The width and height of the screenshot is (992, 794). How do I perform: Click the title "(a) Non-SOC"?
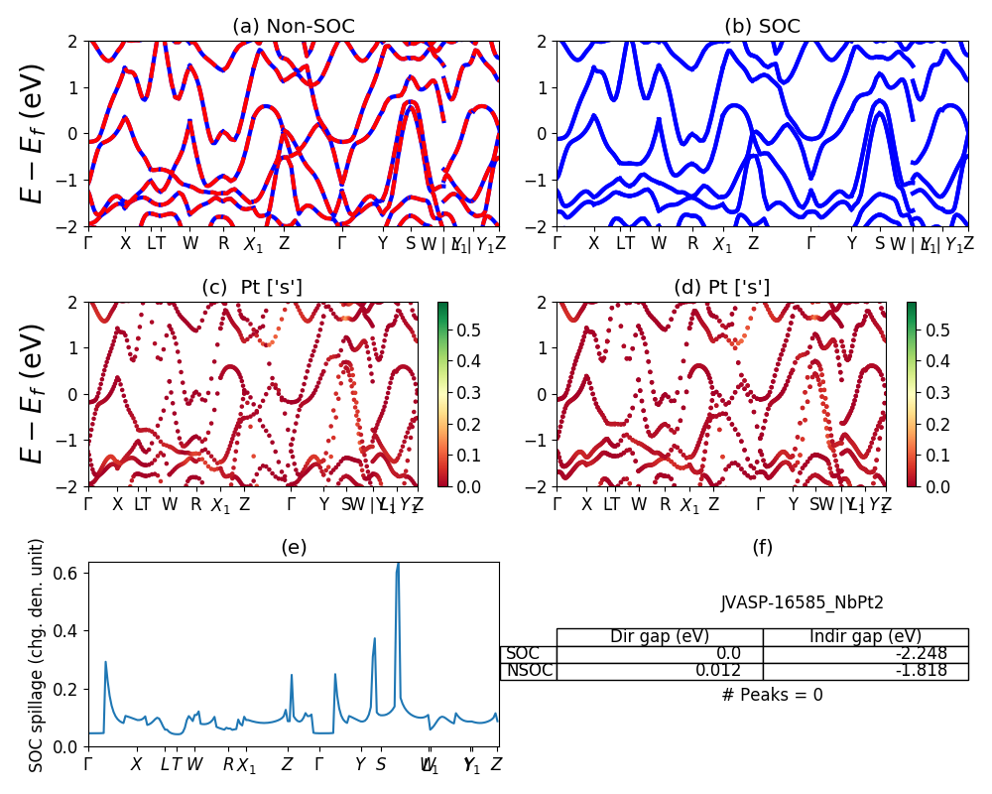[x=293, y=27]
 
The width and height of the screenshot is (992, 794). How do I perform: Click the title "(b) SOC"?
[x=762, y=27]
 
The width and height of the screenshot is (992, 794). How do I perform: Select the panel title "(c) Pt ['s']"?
[x=252, y=288]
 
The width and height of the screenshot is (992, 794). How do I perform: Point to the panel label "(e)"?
[x=294, y=547]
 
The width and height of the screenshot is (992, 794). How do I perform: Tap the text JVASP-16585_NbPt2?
[x=802, y=602]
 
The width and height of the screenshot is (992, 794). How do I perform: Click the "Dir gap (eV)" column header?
[x=660, y=637]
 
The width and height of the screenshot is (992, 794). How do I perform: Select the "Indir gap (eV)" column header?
[x=865, y=637]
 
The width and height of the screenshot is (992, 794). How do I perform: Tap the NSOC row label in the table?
[x=528, y=671]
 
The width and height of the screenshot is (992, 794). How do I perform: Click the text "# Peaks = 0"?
[x=773, y=695]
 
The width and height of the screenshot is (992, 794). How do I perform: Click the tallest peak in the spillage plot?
[x=398, y=565]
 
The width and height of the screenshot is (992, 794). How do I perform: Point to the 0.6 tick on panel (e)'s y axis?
[x=68, y=573]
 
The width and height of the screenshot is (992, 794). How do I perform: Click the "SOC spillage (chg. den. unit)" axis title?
[x=37, y=655]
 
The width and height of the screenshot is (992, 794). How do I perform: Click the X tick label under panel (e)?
[x=137, y=765]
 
